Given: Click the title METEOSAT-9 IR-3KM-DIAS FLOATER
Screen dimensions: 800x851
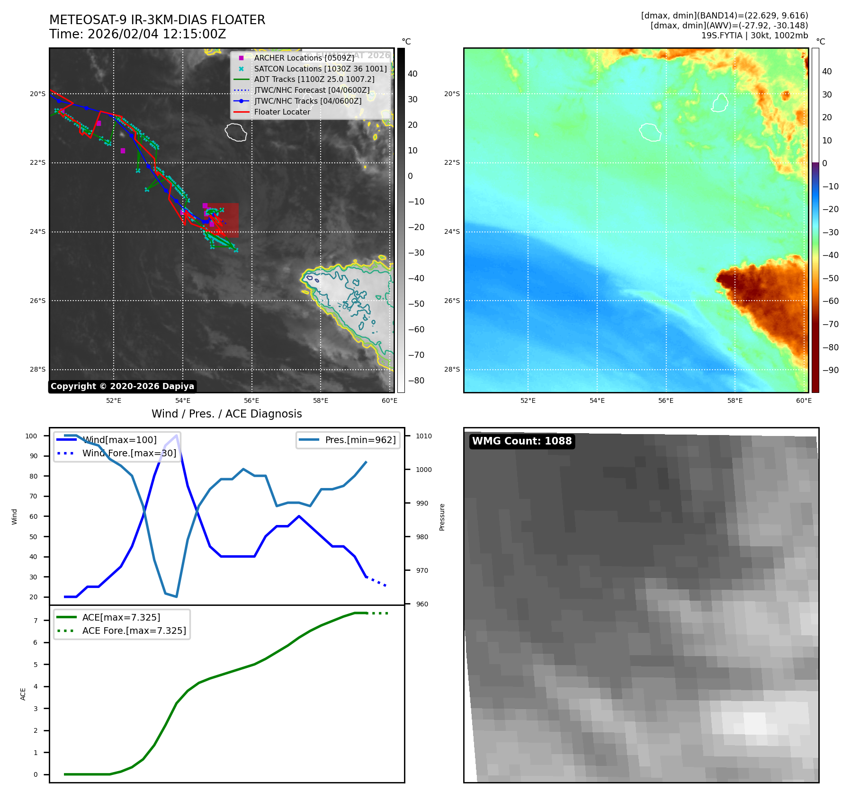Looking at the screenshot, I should coord(157,20).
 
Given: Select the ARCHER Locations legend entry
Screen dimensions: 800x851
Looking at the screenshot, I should coord(304,58).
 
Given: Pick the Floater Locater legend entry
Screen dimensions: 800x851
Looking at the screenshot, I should coord(282,112).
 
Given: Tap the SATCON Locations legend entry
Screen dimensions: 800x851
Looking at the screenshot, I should coord(320,69).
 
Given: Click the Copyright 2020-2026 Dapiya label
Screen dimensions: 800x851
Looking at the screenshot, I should coord(122,386).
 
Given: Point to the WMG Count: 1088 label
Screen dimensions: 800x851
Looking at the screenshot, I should coord(522,441).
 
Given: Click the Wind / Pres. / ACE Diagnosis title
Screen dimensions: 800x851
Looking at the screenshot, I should coord(226,414).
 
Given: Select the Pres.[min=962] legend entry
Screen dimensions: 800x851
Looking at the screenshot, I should coord(360,440).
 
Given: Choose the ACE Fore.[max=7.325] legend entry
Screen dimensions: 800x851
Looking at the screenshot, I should coord(134,631).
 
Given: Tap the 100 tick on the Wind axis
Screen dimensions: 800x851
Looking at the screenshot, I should coord(31,436).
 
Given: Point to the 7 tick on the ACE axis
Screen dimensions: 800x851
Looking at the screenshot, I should coord(36,621).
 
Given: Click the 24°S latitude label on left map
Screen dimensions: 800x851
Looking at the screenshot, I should coord(38,232).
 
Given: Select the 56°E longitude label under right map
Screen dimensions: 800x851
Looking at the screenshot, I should coord(666,401).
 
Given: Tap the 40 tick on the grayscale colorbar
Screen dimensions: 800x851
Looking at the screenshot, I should coord(412,74).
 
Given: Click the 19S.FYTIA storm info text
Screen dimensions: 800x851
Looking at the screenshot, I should coord(754,36).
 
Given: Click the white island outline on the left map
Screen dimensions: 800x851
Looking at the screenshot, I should coord(236,132).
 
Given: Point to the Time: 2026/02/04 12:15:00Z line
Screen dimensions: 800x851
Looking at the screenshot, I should coord(138,35).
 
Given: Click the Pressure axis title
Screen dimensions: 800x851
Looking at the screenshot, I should coord(442,517).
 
